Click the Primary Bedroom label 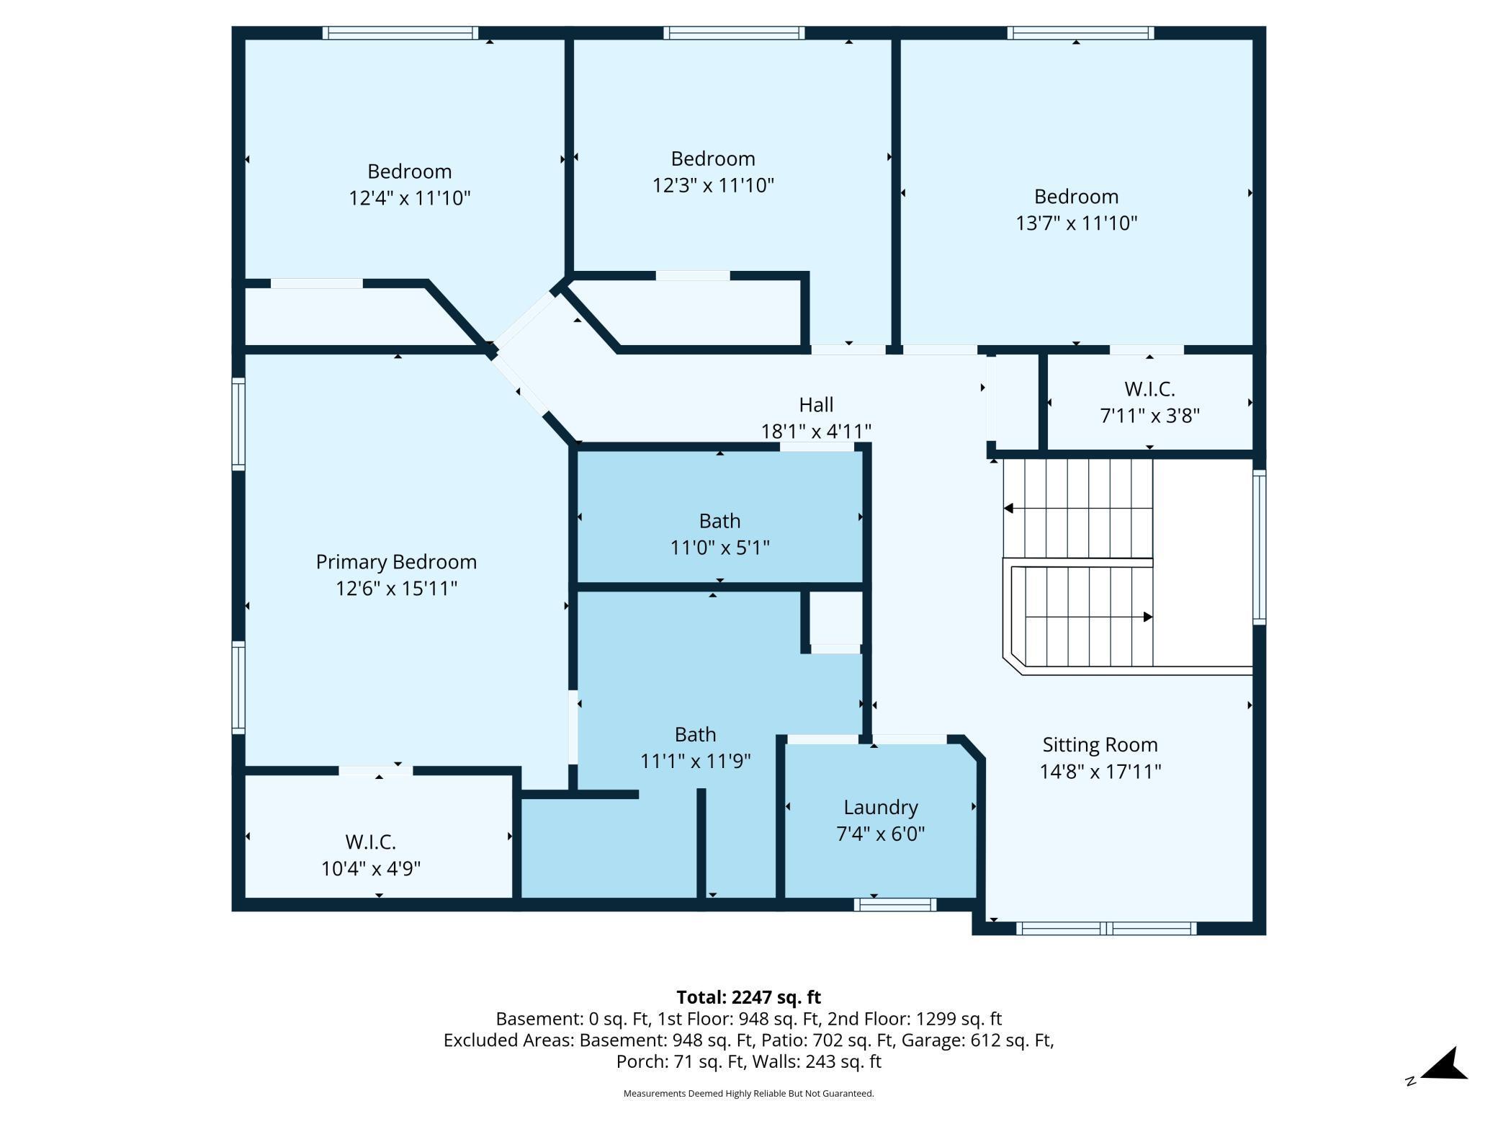[396, 562]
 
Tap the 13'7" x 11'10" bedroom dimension [1076, 223]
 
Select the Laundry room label [881, 808]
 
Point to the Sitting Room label [1100, 745]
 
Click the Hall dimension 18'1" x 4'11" [816, 432]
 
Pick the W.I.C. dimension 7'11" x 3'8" [1149, 416]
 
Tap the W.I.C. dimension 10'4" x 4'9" [371, 868]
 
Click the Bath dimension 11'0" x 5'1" [719, 548]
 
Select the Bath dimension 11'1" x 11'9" [695, 761]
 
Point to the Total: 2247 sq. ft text [748, 997]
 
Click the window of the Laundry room [895, 905]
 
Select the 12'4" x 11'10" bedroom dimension [410, 198]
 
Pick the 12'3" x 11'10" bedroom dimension [713, 185]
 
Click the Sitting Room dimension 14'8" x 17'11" [1100, 772]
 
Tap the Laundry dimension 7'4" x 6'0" [880, 834]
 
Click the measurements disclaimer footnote [748, 1093]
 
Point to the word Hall [816, 405]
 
